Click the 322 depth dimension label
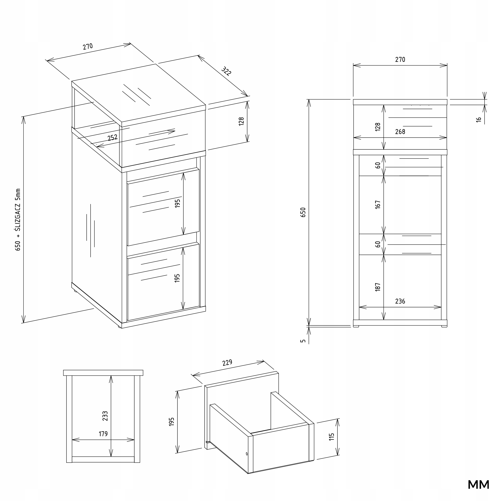pos(226,71)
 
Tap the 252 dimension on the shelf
pos(113,137)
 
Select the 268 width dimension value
pos(400,132)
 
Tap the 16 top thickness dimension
pos(479,120)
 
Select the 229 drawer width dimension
pos(227,362)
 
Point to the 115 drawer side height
pos(331,437)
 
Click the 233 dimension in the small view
pos(105,416)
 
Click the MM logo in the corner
pos(478,485)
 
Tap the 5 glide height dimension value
pos(303,341)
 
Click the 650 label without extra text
pos(303,212)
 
